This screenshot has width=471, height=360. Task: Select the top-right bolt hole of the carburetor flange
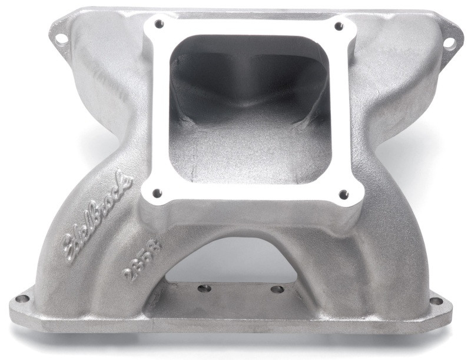(x=338, y=26)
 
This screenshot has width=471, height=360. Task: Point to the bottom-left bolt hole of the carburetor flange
(x=155, y=192)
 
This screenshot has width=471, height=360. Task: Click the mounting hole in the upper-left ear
(x=61, y=39)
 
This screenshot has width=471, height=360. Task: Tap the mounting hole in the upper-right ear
(x=449, y=42)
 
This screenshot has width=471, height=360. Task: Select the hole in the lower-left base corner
(x=22, y=299)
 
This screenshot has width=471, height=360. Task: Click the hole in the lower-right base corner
(x=436, y=301)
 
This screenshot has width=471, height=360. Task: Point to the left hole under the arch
(x=204, y=289)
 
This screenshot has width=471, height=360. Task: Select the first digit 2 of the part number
(x=127, y=274)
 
